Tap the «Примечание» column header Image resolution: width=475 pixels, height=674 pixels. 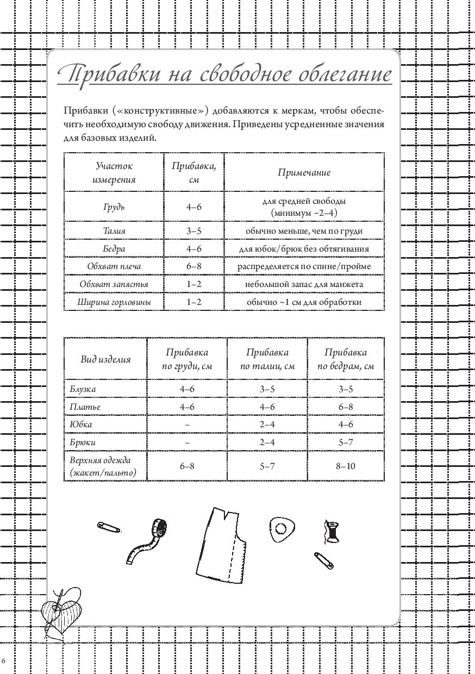point(304,173)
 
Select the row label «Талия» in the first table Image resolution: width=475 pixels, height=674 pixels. point(114,231)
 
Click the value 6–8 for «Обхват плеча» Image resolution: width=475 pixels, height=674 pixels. point(194,266)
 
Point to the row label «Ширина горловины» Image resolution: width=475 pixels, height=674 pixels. point(114,302)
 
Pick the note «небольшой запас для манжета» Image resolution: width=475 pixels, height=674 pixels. point(304,284)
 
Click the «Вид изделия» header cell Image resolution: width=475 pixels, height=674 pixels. point(105,359)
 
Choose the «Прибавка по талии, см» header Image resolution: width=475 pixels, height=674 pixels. point(267,359)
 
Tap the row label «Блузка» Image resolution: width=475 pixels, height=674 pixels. point(83,389)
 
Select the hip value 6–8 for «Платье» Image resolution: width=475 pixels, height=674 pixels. point(346,407)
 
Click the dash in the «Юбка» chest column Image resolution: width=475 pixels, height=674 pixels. point(187,425)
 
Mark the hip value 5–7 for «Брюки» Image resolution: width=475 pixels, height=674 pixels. point(346,442)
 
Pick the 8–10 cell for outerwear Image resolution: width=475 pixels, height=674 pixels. point(346,466)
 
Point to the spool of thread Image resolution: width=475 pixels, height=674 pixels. point(331,530)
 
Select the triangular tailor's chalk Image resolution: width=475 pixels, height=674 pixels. point(282,528)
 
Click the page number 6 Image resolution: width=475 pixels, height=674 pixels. point(4,660)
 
